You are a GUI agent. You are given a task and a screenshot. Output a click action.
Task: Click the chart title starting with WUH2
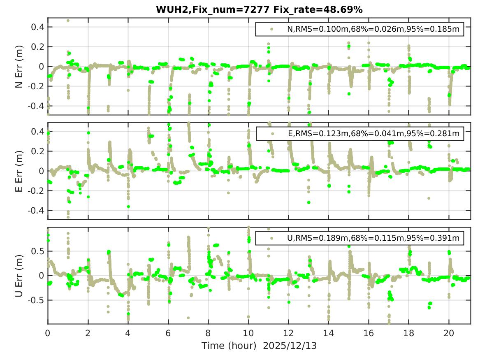tap(259, 9)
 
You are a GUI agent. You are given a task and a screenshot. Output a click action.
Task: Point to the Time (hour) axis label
tap(230, 346)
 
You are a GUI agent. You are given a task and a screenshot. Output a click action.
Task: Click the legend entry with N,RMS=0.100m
tap(373, 29)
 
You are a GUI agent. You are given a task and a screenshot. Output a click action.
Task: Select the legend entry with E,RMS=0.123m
tap(373, 133)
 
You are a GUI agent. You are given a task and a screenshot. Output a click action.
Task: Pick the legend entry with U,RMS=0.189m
tap(373, 238)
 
